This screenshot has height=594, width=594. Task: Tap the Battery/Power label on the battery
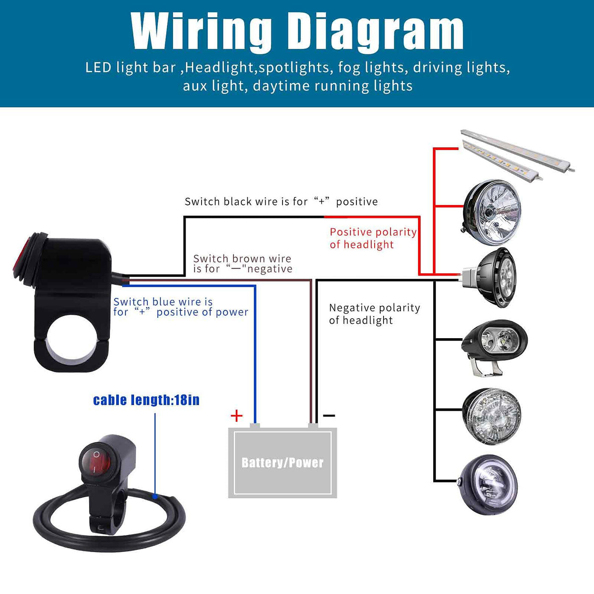click(283, 462)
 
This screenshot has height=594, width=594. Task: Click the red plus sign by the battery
click(236, 415)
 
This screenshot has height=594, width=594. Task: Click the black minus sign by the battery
click(329, 415)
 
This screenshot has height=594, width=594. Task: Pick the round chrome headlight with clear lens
click(492, 212)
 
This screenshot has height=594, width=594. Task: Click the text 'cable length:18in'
click(146, 400)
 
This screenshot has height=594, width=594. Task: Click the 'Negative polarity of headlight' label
click(374, 314)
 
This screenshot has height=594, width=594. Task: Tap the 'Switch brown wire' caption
click(242, 263)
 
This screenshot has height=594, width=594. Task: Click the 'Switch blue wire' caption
click(180, 307)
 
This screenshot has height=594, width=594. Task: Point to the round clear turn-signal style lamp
click(491, 416)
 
